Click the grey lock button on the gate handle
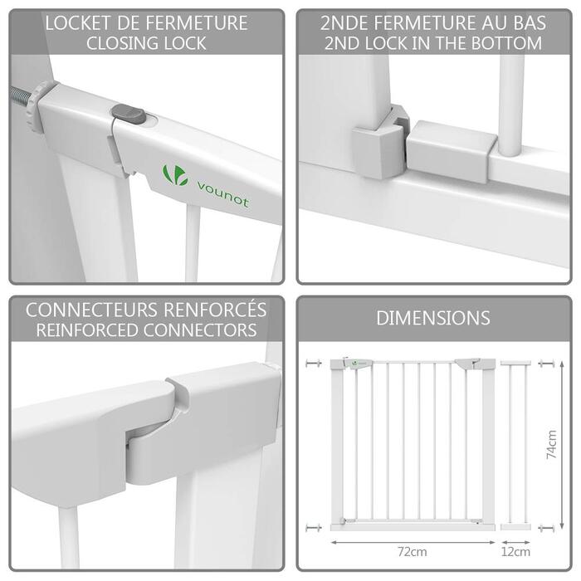pyautogui.click(x=129, y=114)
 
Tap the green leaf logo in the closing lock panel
pyautogui.click(x=175, y=175)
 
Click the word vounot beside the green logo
pyautogui.click(x=222, y=194)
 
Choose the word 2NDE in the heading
pyautogui.click(x=344, y=23)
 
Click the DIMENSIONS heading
pyautogui.click(x=433, y=318)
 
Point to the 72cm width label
pyautogui.click(x=413, y=552)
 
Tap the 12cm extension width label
pyautogui.click(x=515, y=552)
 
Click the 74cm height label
pyautogui.click(x=552, y=445)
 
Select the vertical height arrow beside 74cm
pyautogui.click(x=562, y=445)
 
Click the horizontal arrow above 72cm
pyautogui.click(x=413, y=543)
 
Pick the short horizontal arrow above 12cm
pyautogui.click(x=515, y=543)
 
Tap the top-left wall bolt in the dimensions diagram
pyautogui.click(x=314, y=364)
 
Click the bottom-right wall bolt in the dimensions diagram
pyautogui.click(x=546, y=528)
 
